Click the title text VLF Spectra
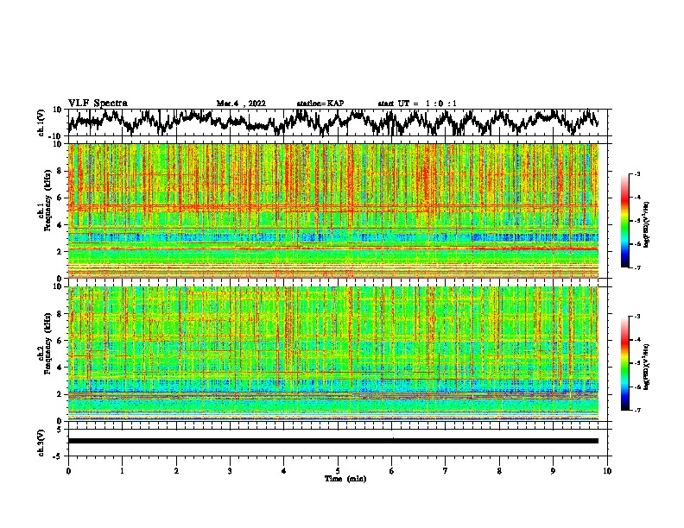98,103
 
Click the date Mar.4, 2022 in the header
241,104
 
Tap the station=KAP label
320,104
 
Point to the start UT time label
417,104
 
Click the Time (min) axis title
345,478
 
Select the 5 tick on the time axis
338,470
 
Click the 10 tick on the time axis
608,470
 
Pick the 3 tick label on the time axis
230,470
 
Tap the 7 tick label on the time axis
446,470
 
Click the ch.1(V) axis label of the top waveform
42,123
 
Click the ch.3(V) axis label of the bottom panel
42,441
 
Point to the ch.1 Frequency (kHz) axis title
44,211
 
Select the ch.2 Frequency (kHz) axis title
44,353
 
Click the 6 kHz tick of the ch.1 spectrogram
58,198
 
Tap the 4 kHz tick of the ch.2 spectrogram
58,367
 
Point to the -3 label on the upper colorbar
637,174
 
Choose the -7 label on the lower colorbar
637,411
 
